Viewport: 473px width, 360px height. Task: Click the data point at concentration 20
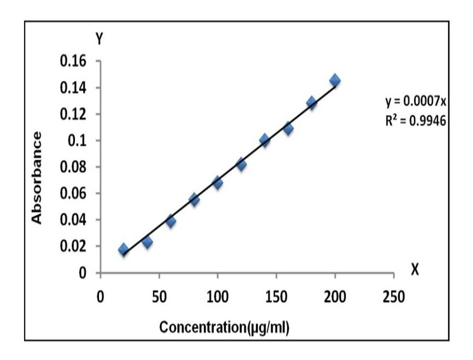pyautogui.click(x=123, y=250)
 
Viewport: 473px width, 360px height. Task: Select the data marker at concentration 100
pyautogui.click(x=217, y=183)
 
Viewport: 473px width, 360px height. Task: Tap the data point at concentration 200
pyautogui.click(x=335, y=81)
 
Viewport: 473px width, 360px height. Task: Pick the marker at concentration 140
pyautogui.click(x=264, y=140)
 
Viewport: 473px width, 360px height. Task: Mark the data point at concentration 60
pyautogui.click(x=170, y=221)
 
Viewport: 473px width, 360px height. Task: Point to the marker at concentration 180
pyautogui.click(x=311, y=102)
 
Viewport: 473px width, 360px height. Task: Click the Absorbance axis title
pyautogui.click(x=37, y=177)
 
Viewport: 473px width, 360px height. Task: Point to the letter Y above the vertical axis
pyautogui.click(x=99, y=38)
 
